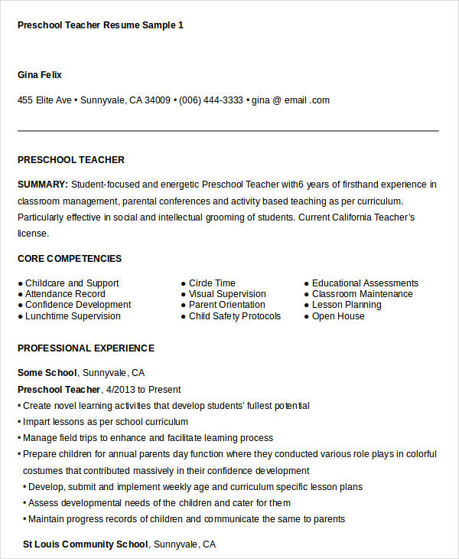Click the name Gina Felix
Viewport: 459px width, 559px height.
point(39,75)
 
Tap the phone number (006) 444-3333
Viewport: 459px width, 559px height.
point(211,100)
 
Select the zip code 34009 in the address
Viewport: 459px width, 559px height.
point(158,100)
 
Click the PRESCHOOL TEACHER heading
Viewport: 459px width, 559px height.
point(70,160)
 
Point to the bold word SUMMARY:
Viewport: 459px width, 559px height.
point(43,185)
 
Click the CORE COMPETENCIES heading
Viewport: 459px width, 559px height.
point(69,259)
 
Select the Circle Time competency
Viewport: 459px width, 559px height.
point(212,283)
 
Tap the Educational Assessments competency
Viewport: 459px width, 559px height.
point(365,283)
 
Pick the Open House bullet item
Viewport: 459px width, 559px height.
point(338,316)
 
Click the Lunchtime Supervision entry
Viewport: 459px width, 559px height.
point(72,316)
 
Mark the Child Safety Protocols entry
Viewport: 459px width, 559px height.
point(235,316)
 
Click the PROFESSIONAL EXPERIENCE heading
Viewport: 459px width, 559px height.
point(86,348)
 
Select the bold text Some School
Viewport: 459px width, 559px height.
point(47,373)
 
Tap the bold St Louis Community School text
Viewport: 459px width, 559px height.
point(85,544)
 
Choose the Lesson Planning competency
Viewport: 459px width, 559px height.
point(346,305)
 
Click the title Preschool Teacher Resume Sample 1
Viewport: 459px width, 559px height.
point(100,25)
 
